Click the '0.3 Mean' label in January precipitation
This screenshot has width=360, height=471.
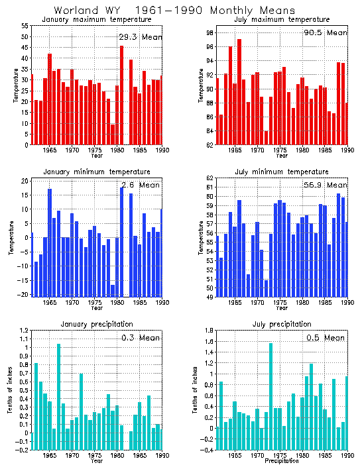139,338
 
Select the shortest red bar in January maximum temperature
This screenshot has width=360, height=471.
113,134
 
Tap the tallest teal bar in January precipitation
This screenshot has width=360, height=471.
58,397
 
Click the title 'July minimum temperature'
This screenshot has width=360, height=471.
282,172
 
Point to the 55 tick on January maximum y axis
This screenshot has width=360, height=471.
25,25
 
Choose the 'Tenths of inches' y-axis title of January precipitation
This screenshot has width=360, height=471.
11,391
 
